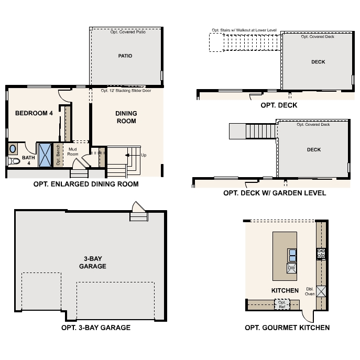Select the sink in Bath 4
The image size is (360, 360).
13,149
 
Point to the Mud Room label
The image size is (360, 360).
73,151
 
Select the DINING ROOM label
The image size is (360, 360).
126,117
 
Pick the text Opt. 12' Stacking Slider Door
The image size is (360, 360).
126,90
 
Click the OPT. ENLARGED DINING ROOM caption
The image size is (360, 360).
85,184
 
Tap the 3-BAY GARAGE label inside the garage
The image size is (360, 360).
93,263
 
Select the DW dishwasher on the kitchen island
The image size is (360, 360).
291,268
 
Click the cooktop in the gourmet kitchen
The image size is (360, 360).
321,254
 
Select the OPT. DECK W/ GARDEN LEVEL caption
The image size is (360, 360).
274,193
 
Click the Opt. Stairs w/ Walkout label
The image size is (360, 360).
243,30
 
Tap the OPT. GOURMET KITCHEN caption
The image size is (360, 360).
287,328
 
